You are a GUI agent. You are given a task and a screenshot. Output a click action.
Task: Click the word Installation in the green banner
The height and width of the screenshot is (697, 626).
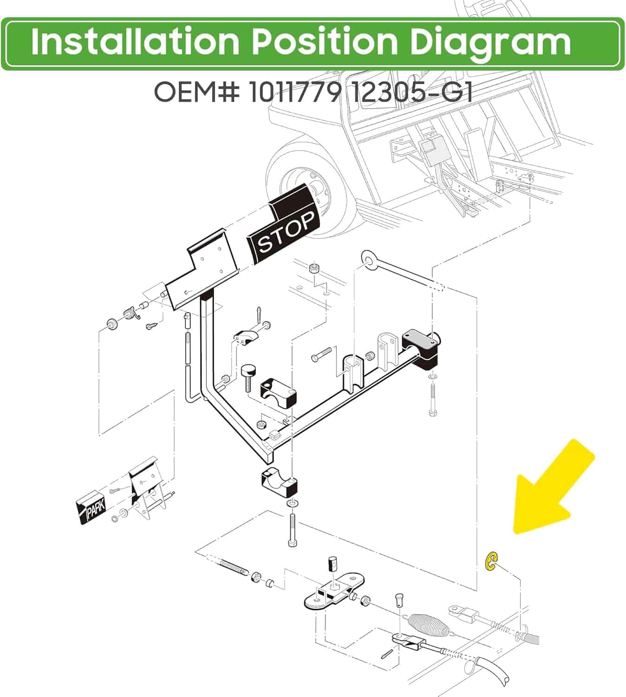[135, 42]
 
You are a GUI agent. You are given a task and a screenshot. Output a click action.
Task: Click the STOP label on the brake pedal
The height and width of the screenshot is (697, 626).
[286, 232]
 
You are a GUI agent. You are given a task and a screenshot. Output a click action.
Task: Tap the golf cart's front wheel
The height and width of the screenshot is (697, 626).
[306, 188]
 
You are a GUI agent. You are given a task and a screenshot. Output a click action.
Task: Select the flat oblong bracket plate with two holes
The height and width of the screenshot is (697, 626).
[334, 589]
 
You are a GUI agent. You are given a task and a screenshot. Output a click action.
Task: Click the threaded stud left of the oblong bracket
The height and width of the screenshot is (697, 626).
[234, 567]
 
